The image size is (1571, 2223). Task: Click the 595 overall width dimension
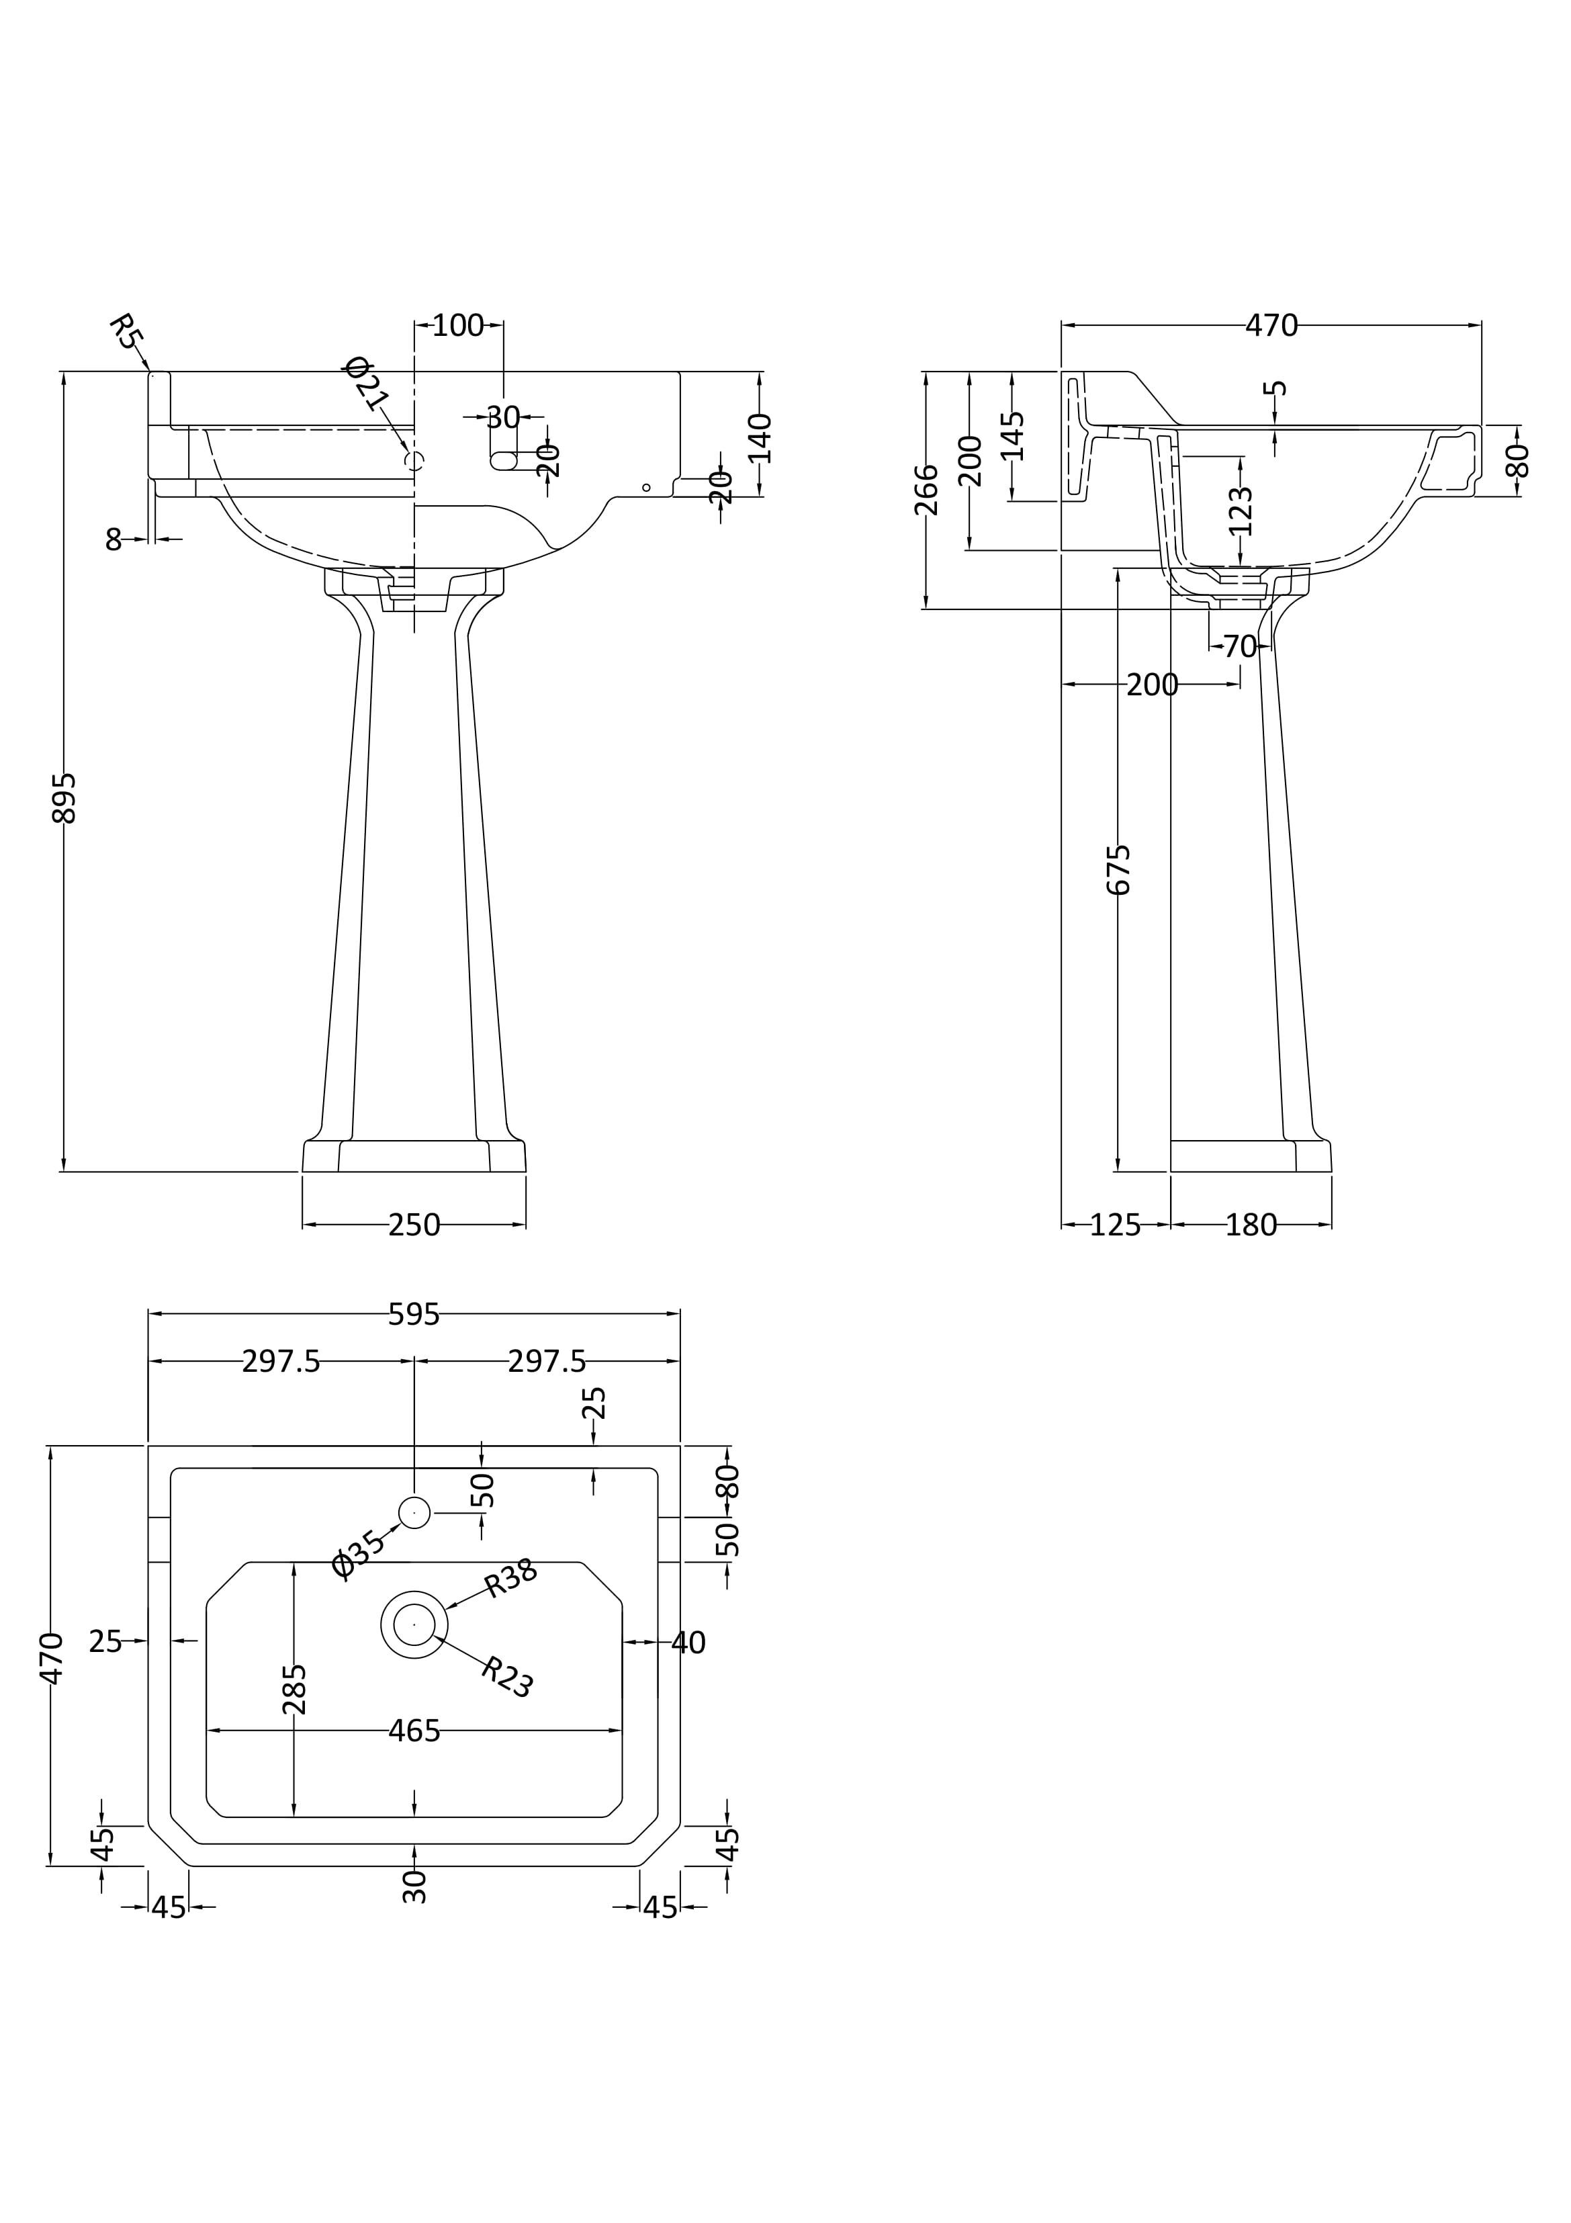414,1314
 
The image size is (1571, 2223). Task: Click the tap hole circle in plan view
414,1512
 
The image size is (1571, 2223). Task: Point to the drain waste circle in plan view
414,1624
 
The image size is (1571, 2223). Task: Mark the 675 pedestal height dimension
1119,869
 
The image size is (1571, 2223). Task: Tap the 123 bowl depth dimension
1241,511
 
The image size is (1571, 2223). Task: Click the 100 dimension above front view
458,325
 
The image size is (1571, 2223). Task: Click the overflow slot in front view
505,461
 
